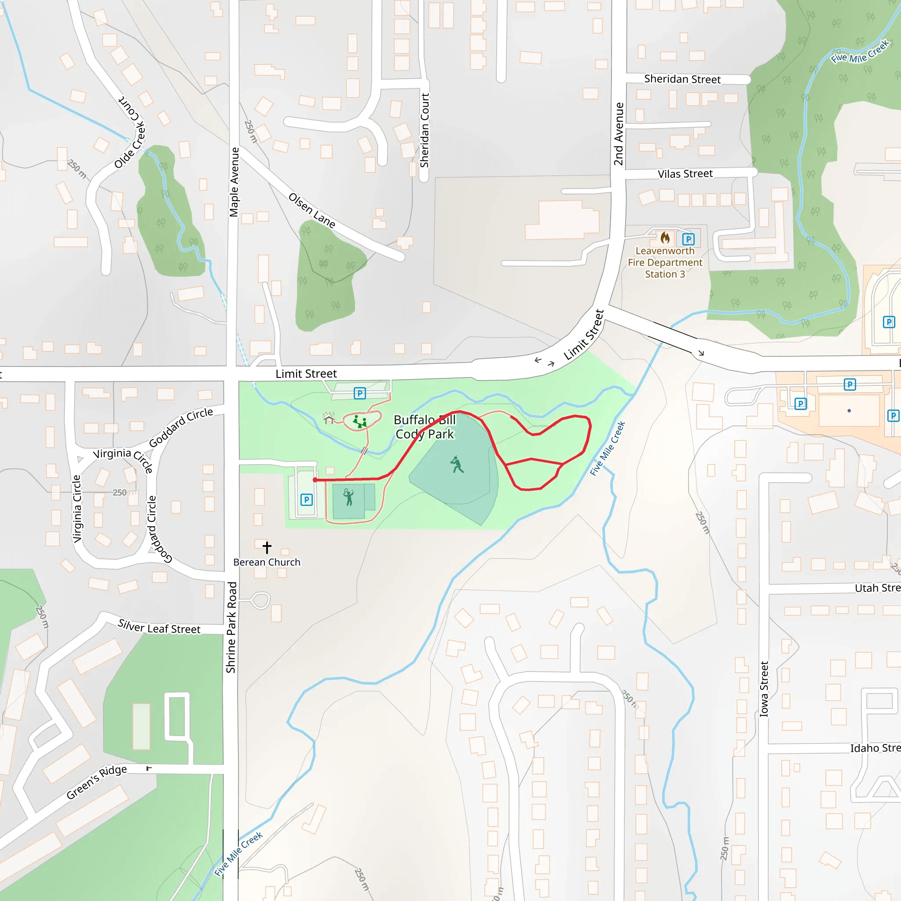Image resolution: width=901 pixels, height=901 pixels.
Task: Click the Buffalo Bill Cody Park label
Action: click(x=425, y=427)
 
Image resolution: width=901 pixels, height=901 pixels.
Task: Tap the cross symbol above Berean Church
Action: click(x=267, y=546)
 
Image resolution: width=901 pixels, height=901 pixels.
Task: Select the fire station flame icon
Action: click(x=665, y=238)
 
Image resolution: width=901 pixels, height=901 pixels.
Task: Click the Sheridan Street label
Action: click(x=682, y=79)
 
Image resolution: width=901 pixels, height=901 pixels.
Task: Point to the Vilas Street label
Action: click(x=685, y=174)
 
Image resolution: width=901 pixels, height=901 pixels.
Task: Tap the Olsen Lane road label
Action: click(x=312, y=211)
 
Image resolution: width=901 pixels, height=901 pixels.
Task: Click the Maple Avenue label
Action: click(x=234, y=182)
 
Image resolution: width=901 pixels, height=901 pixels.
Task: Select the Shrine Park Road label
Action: click(x=231, y=627)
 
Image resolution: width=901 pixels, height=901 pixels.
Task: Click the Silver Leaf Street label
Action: click(x=159, y=627)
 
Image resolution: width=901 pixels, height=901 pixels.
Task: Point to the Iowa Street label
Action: click(x=764, y=689)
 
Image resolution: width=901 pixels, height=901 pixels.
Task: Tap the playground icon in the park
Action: click(x=359, y=421)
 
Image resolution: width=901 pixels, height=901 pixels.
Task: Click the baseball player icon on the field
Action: click(x=457, y=465)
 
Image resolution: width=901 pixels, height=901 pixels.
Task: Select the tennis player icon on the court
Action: click(x=348, y=497)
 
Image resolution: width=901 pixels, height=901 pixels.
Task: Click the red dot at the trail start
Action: click(x=315, y=480)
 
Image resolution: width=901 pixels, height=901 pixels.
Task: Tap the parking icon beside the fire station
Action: click(x=689, y=239)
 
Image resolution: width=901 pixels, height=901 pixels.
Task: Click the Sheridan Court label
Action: click(x=425, y=131)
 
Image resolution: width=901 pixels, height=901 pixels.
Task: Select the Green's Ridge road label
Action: click(x=96, y=782)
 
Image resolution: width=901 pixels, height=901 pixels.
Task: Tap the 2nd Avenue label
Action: click(x=619, y=134)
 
